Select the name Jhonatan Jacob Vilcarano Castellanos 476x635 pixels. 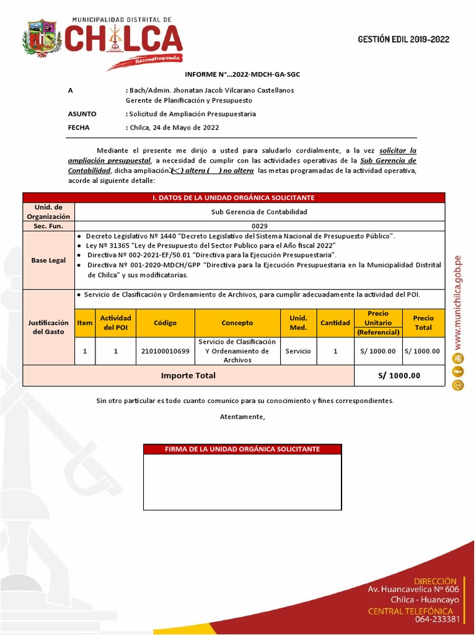pyautogui.click(x=232, y=90)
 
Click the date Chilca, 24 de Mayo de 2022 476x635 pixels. pyautogui.click(x=174, y=128)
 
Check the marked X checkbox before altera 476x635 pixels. pyautogui.click(x=175, y=171)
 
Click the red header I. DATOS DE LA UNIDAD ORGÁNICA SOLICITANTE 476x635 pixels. pyautogui.click(x=234, y=198)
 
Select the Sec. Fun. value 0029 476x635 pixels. pyautogui.click(x=259, y=226)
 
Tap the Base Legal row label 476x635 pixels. pyautogui.click(x=48, y=260)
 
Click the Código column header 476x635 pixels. pyautogui.click(x=165, y=323)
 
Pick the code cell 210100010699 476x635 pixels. pyautogui.click(x=165, y=351)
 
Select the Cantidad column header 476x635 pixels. pyautogui.click(x=335, y=323)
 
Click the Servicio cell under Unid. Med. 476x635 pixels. pyautogui.click(x=298, y=351)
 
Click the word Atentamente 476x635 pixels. pyautogui.click(x=242, y=417)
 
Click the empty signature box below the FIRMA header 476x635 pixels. pyautogui.click(x=242, y=482)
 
